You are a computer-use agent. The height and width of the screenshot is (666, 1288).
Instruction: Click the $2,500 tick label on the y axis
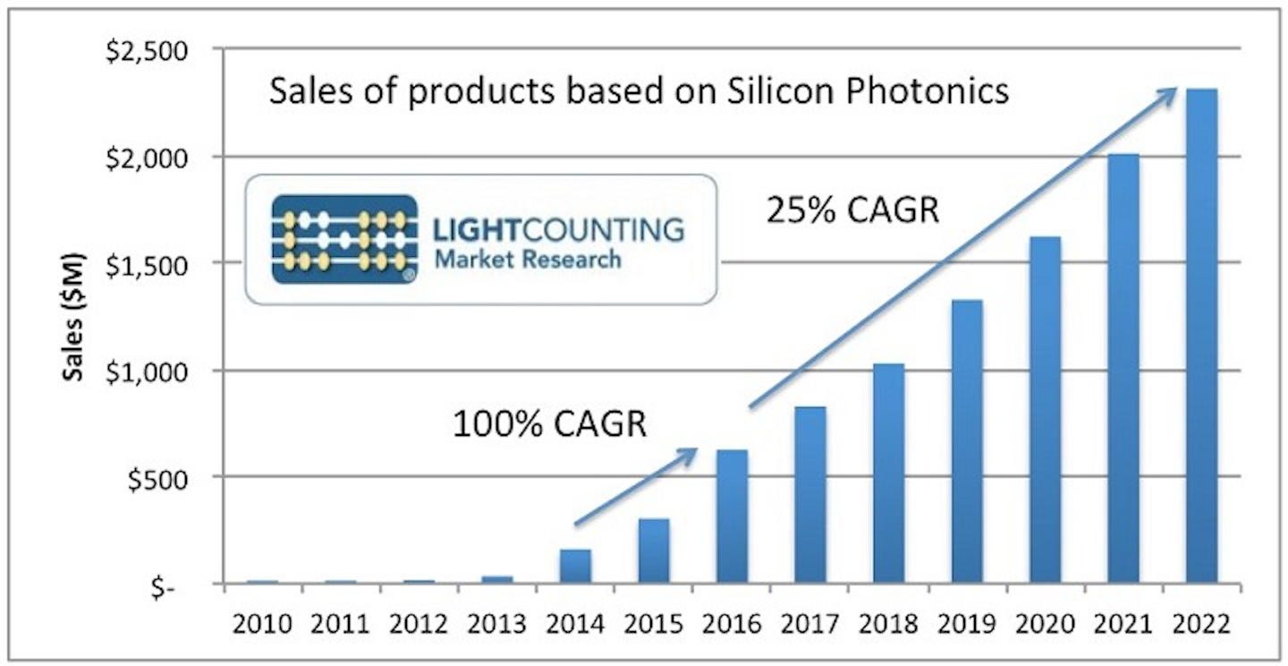click(148, 51)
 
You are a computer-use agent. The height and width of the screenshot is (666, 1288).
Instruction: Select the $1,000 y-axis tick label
click(148, 371)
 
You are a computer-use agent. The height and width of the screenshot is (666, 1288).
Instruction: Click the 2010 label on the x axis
click(262, 623)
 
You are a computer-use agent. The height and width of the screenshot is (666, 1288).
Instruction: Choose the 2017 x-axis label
click(809, 623)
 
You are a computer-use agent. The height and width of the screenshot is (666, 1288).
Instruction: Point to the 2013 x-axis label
click(496, 623)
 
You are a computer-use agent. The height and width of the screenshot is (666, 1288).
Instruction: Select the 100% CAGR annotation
click(549, 423)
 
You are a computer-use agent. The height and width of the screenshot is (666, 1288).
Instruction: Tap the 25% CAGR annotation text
click(852, 211)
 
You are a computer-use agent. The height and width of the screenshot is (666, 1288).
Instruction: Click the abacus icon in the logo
click(344, 240)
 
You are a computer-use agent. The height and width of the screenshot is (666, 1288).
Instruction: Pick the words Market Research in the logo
click(527, 260)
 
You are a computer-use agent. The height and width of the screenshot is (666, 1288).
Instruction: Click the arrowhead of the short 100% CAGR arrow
click(691, 453)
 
